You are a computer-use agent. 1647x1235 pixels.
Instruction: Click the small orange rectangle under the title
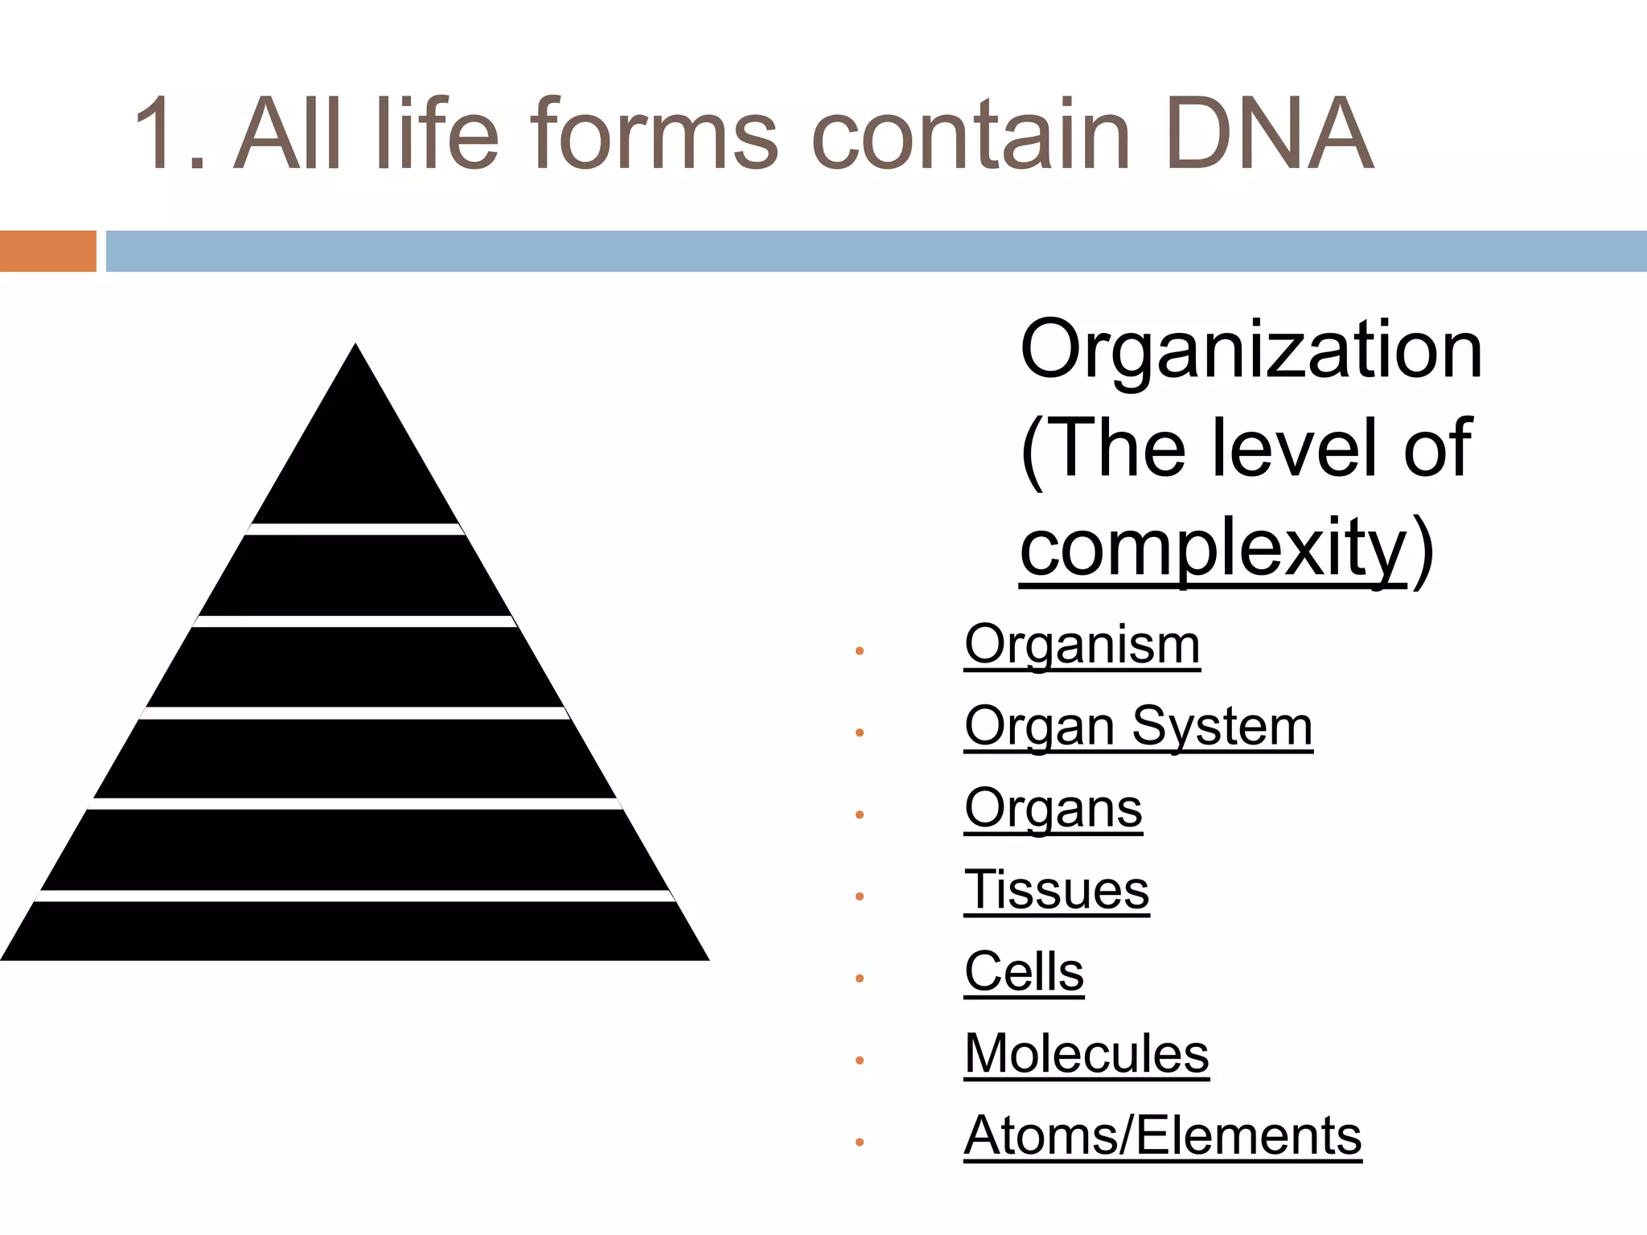coord(47,251)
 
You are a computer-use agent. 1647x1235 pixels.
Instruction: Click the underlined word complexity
coord(1213,548)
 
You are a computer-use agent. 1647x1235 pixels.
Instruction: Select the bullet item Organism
coord(1082,645)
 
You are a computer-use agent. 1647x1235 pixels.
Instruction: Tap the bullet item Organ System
coord(1138,727)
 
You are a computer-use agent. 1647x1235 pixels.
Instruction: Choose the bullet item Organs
coord(1053,809)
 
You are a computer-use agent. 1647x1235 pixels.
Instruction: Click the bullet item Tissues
coord(1057,891)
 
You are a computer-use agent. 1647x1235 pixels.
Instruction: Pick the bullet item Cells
coord(1024,973)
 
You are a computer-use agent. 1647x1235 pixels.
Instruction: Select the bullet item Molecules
coord(1086,1055)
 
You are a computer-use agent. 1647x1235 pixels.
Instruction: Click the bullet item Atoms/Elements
coord(1162,1137)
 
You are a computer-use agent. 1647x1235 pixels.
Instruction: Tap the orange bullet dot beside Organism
coord(859,650)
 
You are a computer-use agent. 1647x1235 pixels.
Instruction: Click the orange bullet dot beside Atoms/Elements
coord(859,1142)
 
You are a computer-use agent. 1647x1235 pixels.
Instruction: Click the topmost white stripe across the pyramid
coord(355,529)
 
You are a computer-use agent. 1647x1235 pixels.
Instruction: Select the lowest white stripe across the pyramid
coord(355,896)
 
